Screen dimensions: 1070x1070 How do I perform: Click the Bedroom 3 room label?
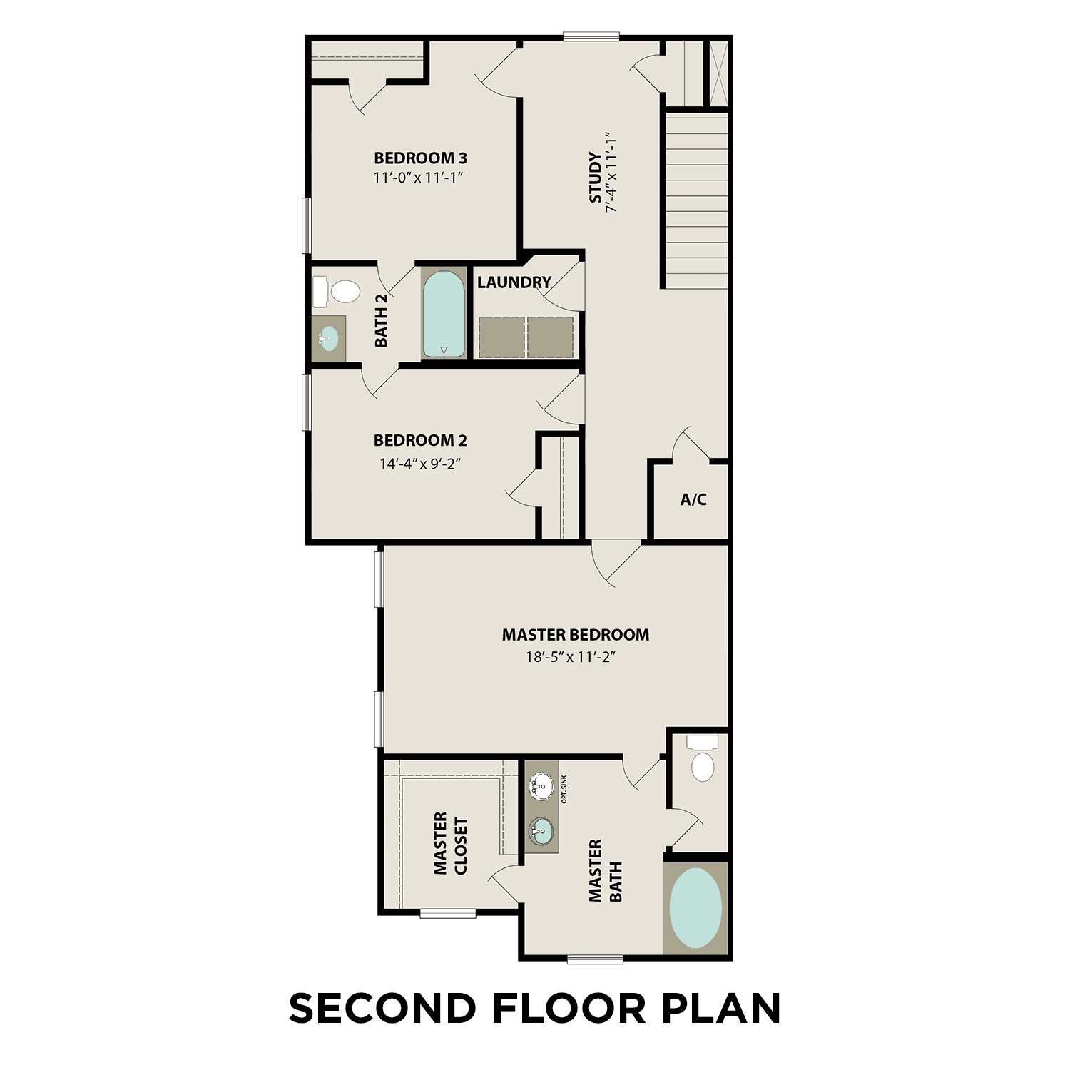tap(420, 158)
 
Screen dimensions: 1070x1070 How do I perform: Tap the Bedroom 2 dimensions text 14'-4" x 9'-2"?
tap(420, 464)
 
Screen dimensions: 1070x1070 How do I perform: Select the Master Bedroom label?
tap(575, 634)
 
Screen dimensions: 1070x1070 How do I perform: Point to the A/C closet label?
tap(693, 499)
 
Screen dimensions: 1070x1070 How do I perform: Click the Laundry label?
tap(514, 282)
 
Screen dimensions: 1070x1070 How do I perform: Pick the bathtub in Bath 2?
tap(444, 314)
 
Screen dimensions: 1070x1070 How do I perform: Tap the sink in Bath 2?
tap(329, 339)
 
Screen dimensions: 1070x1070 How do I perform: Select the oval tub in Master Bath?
tap(695, 907)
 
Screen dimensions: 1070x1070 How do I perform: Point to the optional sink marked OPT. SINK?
tap(541, 787)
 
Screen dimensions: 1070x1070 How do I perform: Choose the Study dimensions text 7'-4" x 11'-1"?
tap(610, 172)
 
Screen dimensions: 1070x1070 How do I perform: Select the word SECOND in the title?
tap(382, 1008)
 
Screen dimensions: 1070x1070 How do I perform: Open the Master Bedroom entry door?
tap(617, 564)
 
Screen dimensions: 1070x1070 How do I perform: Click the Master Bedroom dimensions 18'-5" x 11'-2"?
tap(570, 657)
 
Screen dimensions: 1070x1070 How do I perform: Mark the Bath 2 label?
tap(381, 320)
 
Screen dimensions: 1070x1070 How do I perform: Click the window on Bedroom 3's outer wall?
tap(307, 225)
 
